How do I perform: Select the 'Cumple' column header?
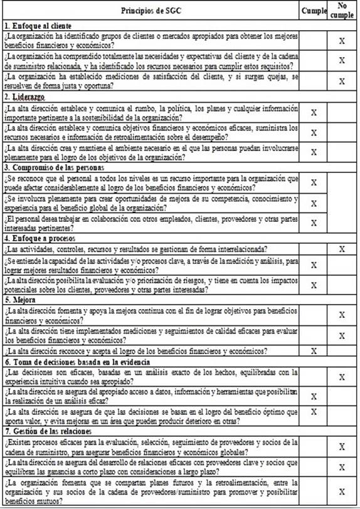click(314, 11)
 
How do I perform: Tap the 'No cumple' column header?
click(342, 11)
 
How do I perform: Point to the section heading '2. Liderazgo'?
click(25, 98)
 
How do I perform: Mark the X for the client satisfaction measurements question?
click(342, 81)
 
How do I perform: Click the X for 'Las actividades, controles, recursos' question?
click(342, 249)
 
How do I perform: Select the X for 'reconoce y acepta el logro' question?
click(314, 351)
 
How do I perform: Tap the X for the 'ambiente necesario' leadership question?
click(314, 152)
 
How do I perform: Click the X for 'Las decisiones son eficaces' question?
click(342, 377)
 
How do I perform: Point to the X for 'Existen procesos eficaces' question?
click(342, 447)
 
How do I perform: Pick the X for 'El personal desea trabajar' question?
click(314, 223)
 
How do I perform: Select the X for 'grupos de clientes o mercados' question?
click(342, 41)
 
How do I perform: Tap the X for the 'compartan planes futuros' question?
click(342, 491)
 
